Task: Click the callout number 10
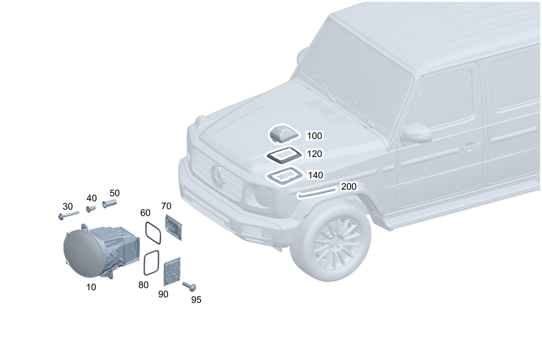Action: [x=91, y=287]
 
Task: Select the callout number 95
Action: [x=196, y=299]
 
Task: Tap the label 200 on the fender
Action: [x=349, y=187]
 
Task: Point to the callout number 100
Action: [x=314, y=136]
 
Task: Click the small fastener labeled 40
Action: [x=91, y=208]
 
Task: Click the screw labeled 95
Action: [x=190, y=286]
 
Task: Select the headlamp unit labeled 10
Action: [x=100, y=250]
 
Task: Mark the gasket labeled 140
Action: [x=285, y=176]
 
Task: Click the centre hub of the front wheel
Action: [x=338, y=242]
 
